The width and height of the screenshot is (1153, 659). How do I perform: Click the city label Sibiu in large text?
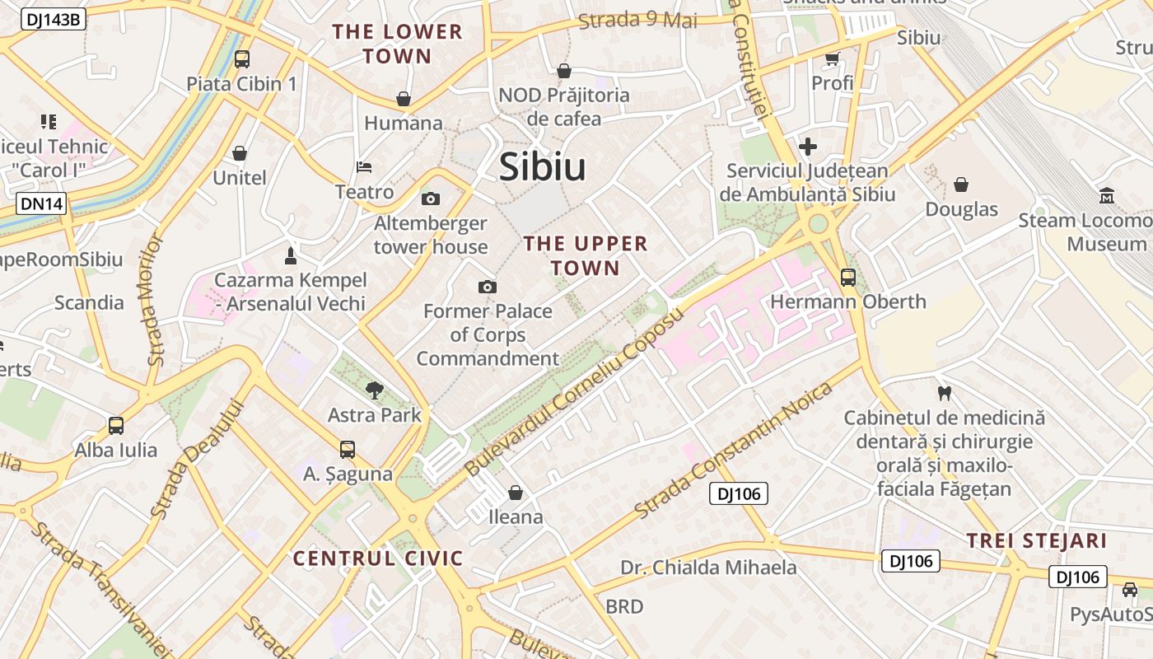[543, 167]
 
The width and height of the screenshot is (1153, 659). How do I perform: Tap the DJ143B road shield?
[52, 19]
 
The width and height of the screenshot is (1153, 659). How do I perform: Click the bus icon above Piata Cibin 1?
[241, 59]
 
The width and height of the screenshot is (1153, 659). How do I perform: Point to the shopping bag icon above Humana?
[404, 99]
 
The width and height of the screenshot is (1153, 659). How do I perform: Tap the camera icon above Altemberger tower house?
[430, 199]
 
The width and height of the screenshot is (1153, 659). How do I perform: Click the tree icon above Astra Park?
[375, 390]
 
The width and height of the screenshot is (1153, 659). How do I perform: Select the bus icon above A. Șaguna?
[348, 450]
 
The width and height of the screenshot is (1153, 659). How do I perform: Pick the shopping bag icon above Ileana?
[516, 493]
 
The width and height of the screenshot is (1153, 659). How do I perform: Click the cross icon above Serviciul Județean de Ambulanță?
[808, 147]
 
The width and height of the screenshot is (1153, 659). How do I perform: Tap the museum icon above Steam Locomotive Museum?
[1107, 196]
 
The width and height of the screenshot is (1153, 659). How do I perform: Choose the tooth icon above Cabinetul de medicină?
[944, 393]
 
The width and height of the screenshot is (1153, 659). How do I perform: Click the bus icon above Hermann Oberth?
[848, 278]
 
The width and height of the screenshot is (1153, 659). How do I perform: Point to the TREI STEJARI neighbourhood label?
[1036, 541]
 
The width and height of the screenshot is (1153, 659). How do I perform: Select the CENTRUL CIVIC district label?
[378, 559]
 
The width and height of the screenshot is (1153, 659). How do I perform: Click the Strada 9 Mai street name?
[637, 20]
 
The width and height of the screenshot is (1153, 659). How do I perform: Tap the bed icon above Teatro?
[364, 167]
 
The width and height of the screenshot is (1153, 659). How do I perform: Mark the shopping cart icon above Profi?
[832, 58]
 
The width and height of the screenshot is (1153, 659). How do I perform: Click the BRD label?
[624, 607]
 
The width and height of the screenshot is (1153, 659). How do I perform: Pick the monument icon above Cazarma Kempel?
[290, 255]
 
